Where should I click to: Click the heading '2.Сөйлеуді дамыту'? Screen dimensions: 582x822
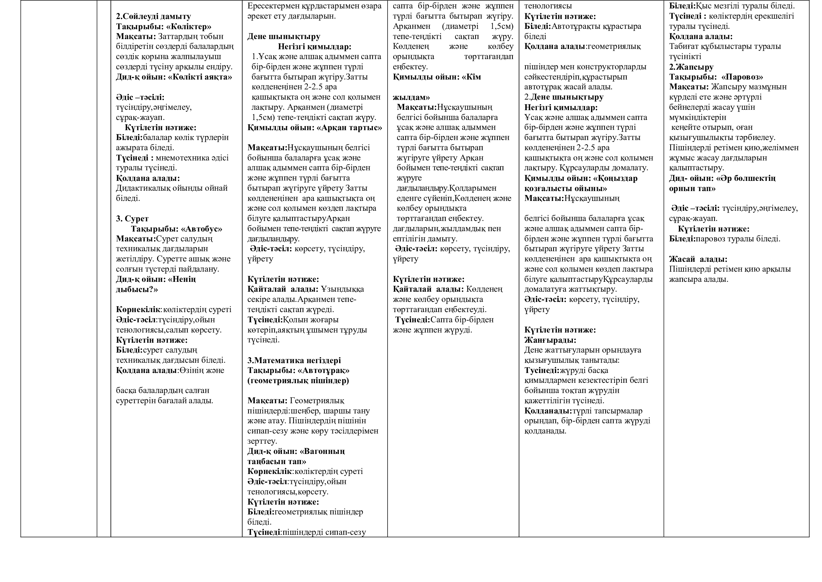point(153,17)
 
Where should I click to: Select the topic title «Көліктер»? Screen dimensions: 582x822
point(189,26)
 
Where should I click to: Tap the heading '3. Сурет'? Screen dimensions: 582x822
point(132,219)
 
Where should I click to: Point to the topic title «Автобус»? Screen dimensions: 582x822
point(202,229)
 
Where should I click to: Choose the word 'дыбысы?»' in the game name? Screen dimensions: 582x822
point(137,289)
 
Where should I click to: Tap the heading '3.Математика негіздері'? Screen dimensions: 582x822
point(294,360)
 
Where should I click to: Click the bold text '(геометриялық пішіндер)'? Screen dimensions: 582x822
point(298,380)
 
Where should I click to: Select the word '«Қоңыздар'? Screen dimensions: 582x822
point(615,178)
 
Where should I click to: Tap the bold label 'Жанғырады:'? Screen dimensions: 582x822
point(550,340)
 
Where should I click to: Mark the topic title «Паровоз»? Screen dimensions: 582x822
point(742,77)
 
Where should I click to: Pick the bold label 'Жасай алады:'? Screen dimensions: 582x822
point(698,259)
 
